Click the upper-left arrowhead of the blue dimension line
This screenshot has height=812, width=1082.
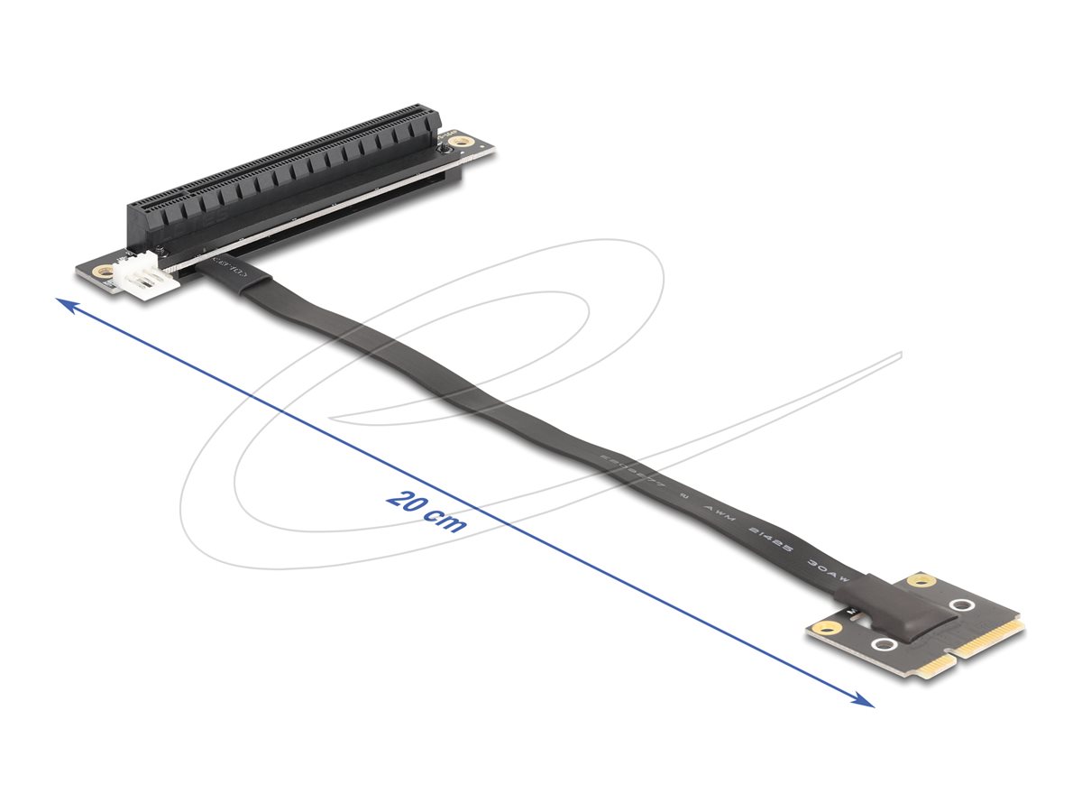61,303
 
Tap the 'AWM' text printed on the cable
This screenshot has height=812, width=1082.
720,517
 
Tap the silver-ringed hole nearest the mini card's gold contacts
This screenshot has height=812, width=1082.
961,605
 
